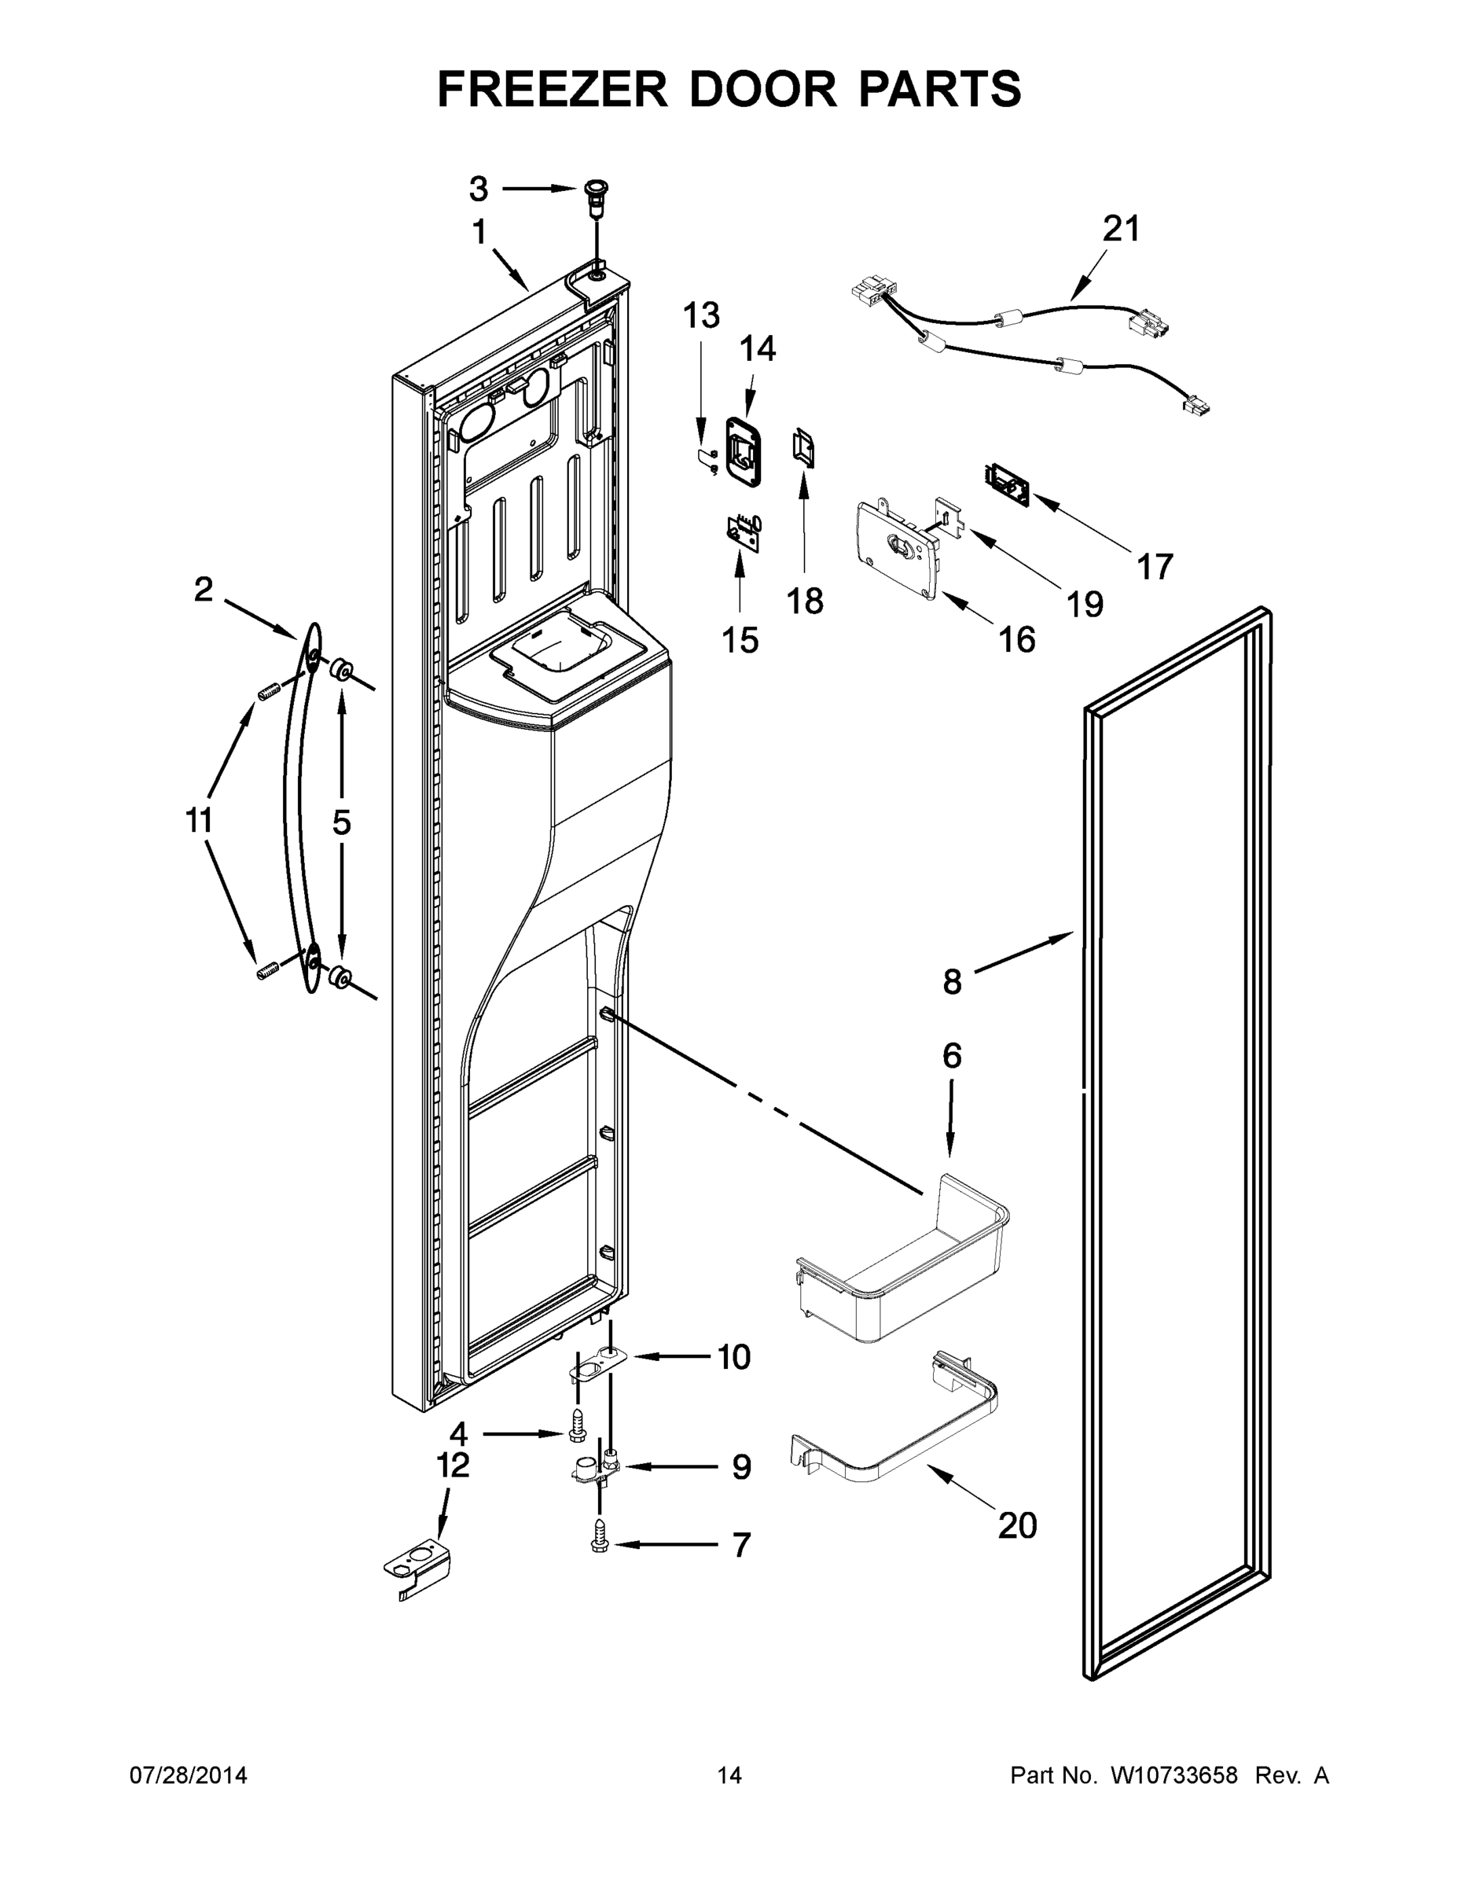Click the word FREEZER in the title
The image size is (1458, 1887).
tap(552, 89)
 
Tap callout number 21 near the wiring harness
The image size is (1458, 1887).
tap(1121, 229)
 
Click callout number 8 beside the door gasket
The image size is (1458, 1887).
tap(951, 981)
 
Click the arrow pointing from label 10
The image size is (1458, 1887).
tap(670, 1357)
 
